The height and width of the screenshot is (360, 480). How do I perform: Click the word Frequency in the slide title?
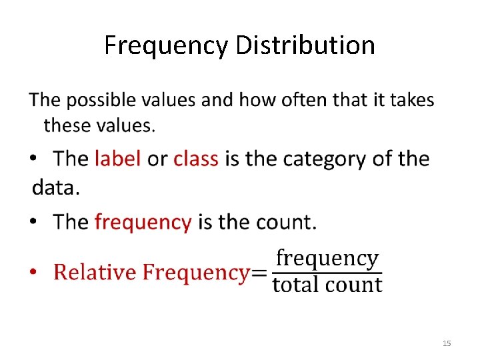pos(167,45)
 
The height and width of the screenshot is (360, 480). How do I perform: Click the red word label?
pos(117,159)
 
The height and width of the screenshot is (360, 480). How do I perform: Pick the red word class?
pos(196,159)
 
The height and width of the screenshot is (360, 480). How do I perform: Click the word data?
pos(55,187)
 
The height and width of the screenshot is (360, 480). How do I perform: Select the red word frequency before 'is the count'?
pos(143,222)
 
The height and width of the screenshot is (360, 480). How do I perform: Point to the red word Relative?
pos(96,272)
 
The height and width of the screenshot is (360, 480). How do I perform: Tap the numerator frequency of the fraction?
pos(327,258)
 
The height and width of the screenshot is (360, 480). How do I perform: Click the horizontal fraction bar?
pos(327,271)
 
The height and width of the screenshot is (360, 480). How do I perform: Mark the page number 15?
pos(447,343)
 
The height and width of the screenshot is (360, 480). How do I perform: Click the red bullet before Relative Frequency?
pos(36,273)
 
